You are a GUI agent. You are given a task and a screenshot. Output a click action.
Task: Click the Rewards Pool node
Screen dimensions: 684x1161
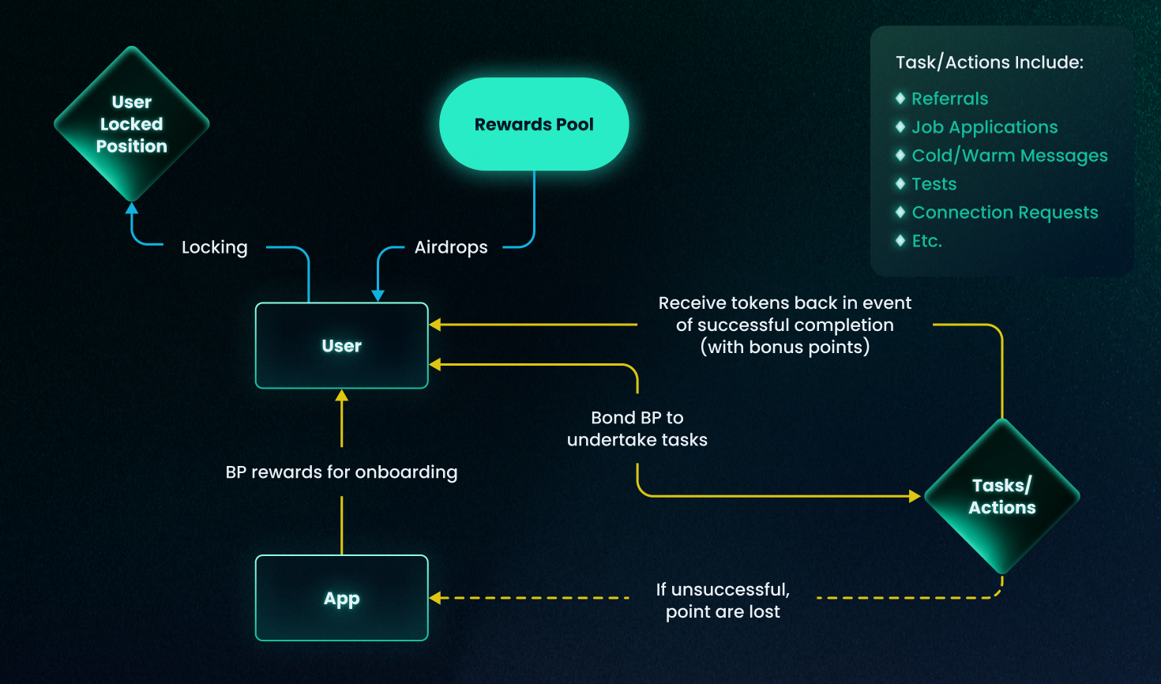tap(534, 124)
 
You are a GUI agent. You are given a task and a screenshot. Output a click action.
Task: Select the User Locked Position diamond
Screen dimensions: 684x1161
tap(132, 124)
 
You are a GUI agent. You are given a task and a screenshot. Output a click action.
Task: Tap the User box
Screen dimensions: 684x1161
tap(341, 346)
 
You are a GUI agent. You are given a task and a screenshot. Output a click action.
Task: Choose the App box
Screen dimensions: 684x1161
tap(341, 598)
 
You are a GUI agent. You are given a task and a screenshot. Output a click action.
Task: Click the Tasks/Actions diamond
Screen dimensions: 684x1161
tap(1001, 496)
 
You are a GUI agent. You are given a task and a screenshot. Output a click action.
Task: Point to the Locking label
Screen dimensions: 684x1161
tap(214, 247)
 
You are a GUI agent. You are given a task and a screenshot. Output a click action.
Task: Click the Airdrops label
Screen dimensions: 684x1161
tap(451, 247)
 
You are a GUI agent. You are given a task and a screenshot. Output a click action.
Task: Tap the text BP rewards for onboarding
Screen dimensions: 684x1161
tap(341, 472)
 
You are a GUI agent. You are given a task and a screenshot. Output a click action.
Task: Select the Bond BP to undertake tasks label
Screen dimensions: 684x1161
tap(637, 429)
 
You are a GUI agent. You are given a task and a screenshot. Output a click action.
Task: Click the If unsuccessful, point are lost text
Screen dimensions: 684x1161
tap(723, 600)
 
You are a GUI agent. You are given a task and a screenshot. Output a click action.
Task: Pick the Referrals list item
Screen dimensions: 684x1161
tap(949, 99)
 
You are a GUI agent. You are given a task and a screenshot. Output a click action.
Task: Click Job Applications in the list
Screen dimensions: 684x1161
tap(984, 127)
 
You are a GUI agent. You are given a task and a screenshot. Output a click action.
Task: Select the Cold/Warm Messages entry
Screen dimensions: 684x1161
tap(1009, 156)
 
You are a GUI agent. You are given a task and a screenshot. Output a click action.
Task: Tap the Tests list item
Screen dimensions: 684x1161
tap(934, 184)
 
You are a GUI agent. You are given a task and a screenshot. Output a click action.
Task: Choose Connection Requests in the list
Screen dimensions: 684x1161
tap(1005, 212)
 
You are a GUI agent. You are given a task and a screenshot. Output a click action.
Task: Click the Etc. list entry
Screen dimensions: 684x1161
tap(926, 241)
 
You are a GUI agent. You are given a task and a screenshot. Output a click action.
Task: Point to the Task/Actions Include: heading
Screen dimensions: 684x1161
tap(989, 62)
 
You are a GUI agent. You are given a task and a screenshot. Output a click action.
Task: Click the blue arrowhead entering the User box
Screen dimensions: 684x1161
tap(378, 295)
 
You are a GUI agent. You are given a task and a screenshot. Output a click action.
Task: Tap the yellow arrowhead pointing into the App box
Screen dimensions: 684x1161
tap(435, 598)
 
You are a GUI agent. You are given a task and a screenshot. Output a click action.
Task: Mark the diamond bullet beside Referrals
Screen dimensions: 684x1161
tap(900, 99)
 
